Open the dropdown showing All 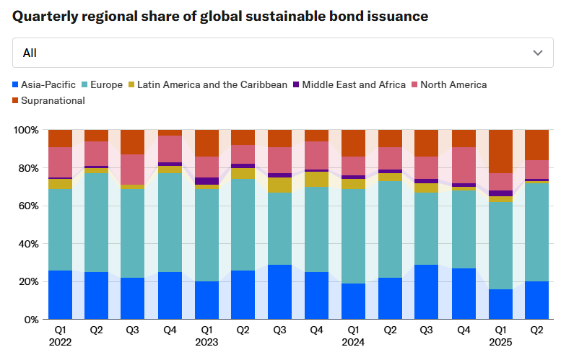pos(280,53)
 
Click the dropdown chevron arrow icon pos(537,53)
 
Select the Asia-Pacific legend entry pos(48,84)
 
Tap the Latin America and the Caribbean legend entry pos(212,84)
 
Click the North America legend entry pos(453,84)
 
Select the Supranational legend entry pos(53,100)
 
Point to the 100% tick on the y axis pos(27,131)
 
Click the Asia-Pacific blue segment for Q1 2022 pos(60,294)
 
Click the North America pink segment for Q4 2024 pos(464,165)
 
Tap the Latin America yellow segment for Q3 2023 pos(280,185)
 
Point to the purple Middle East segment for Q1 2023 pos(206,181)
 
